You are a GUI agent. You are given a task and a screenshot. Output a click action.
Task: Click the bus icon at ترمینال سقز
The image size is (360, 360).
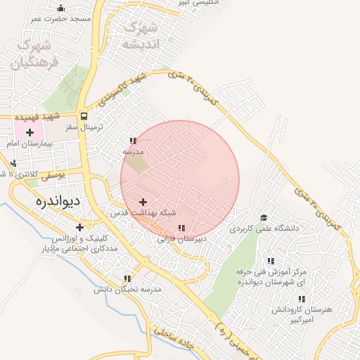[x=84, y=117]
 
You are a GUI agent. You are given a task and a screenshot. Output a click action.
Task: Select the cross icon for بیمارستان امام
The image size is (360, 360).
[x=30, y=132]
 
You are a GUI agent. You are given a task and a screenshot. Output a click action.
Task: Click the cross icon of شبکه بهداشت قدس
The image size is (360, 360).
[x=143, y=202]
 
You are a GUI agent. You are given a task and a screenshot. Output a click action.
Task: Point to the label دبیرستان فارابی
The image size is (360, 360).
[x=181, y=239]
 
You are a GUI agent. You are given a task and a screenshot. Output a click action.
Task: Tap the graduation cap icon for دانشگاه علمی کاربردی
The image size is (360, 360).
[x=264, y=218]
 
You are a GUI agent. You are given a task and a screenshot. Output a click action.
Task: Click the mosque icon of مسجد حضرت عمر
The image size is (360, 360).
[x=60, y=8]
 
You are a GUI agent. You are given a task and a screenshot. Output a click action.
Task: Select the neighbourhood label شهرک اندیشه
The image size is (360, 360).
[x=141, y=35]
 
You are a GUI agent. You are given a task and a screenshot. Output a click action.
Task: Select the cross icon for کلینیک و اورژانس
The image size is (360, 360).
[x=79, y=227]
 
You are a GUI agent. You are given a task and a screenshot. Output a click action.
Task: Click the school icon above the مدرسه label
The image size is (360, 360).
[x=133, y=141]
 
